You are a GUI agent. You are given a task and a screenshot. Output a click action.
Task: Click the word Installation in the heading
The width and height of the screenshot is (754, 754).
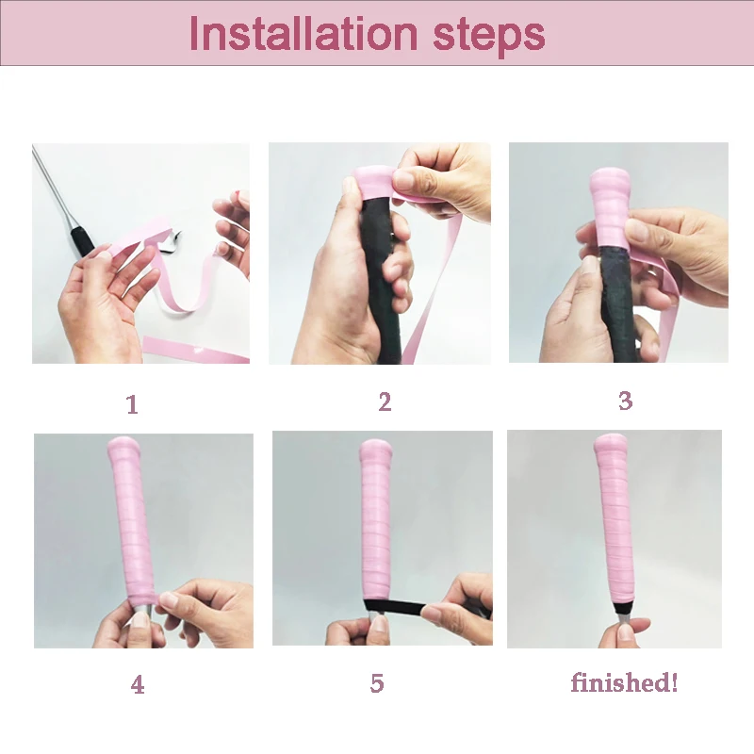303,33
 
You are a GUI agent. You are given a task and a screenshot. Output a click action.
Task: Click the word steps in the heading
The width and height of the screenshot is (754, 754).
489,36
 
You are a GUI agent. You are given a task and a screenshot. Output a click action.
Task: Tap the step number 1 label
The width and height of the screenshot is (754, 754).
132,404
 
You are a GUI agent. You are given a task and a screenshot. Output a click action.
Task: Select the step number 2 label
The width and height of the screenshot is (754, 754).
385,402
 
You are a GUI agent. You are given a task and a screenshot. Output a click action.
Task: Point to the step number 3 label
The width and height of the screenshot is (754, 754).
625,401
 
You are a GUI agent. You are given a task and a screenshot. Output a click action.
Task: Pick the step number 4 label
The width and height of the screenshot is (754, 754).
138,684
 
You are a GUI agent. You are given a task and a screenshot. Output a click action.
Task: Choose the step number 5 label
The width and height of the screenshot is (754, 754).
377,682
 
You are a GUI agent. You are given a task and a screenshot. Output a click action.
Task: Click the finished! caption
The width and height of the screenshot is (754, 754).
624,682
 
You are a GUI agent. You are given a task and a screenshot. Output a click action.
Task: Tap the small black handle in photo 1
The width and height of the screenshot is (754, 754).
82,241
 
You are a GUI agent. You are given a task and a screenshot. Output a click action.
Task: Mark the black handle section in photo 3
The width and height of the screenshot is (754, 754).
617,303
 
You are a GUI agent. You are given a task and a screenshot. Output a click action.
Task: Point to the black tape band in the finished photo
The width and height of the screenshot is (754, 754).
624,608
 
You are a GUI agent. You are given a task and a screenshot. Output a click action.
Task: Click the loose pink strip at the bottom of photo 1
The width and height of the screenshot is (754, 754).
195,350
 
